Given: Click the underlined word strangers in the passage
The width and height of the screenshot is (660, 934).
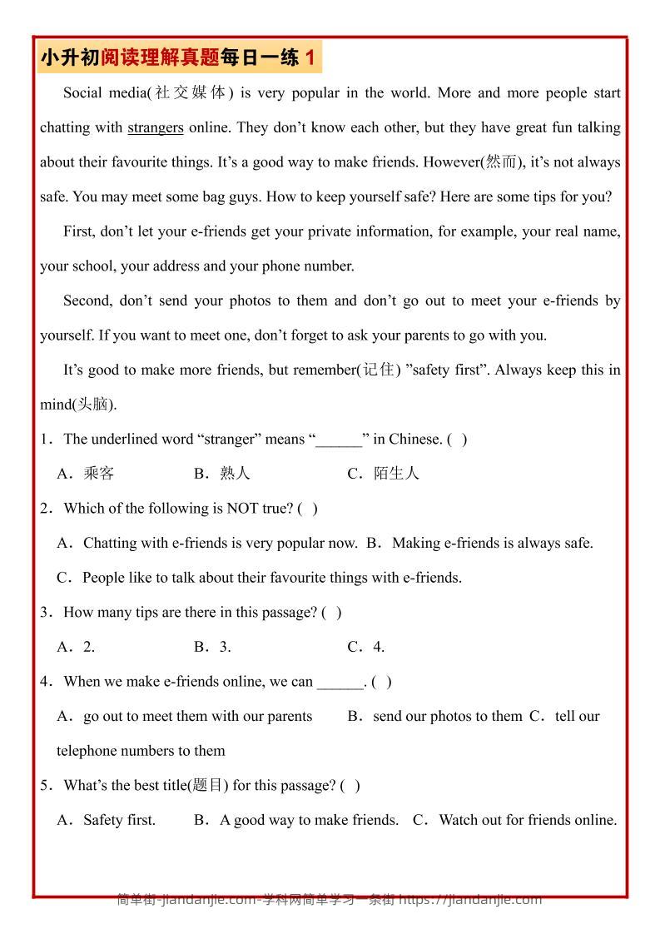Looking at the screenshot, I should [155, 127].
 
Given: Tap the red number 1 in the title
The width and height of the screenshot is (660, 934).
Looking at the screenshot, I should [310, 57].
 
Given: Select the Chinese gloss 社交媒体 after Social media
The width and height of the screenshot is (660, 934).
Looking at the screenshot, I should [191, 93].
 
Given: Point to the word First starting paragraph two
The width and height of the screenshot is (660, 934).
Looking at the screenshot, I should [79, 231].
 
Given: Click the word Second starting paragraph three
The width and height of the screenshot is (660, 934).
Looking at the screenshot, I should [86, 301].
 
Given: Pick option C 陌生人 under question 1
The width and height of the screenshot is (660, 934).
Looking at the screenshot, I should [395, 474].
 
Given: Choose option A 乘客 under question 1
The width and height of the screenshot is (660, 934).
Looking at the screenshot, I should [98, 474].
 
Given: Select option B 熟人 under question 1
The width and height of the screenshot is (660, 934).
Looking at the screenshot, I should [235, 474].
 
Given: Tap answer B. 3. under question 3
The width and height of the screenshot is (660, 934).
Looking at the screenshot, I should [213, 647].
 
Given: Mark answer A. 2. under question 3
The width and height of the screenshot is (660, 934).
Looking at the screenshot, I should [77, 647].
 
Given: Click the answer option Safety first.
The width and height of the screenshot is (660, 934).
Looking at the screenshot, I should [119, 820].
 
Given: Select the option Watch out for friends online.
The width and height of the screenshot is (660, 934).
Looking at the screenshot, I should [528, 820].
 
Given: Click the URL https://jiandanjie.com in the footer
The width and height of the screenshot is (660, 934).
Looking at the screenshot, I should [470, 899].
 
